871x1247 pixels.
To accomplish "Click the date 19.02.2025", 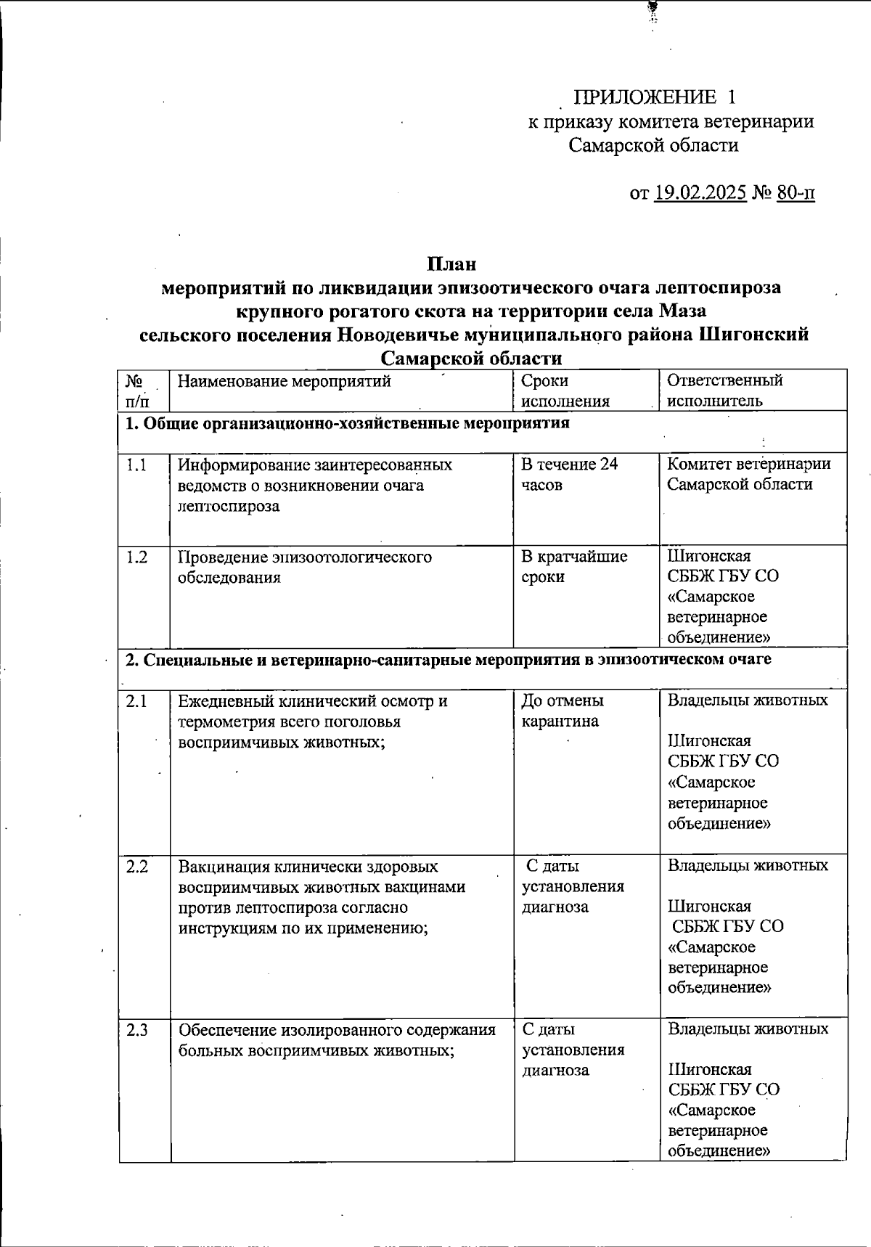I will (x=700, y=193).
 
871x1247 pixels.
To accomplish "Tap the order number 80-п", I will (x=795, y=193).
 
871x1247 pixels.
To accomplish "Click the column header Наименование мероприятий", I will (x=285, y=381).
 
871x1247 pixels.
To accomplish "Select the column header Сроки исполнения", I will (x=565, y=391).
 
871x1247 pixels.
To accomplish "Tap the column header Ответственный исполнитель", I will (x=724, y=391).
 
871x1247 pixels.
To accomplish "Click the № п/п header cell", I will (x=138, y=391).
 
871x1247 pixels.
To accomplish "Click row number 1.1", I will (x=136, y=465).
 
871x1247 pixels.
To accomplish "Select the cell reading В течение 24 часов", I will (x=569, y=474).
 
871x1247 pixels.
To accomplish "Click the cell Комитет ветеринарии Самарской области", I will (x=748, y=474).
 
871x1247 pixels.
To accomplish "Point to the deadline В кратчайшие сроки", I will (x=574, y=566).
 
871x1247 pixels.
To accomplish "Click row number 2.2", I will (x=137, y=867).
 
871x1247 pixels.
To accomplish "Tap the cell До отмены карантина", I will (x=563, y=711).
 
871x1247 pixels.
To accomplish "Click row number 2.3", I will (x=137, y=1029).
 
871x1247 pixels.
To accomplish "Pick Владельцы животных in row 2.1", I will (x=748, y=700).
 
